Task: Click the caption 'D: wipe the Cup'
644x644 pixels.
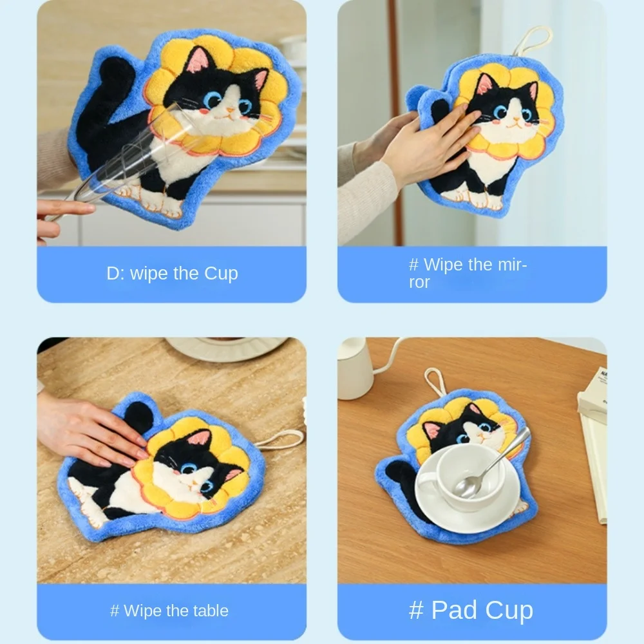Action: (172, 273)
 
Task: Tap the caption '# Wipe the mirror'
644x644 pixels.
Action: (468, 273)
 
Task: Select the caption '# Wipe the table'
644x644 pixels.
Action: (169, 611)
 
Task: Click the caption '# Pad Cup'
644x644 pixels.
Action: (471, 610)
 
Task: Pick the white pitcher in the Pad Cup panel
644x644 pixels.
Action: (355, 367)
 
